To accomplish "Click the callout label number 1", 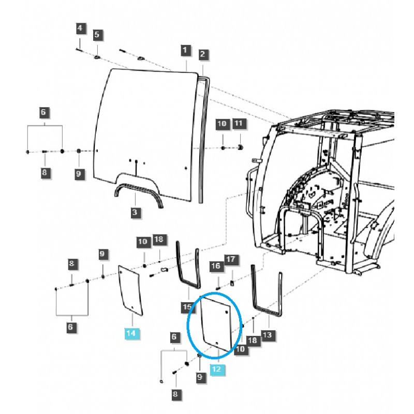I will tap(186, 51).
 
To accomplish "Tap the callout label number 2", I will tap(203, 54).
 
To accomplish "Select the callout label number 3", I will tap(135, 213).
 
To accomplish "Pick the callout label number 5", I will tap(98, 35).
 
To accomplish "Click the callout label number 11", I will tap(239, 124).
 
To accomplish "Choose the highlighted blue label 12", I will tap(217, 369).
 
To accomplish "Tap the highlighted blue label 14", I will tap(131, 333).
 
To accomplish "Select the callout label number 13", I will tap(267, 335).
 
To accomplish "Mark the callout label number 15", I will tap(187, 308).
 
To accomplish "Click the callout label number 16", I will tap(215, 266).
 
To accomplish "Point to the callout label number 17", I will tap(230, 258).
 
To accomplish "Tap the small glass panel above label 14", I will tap(129, 290).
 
